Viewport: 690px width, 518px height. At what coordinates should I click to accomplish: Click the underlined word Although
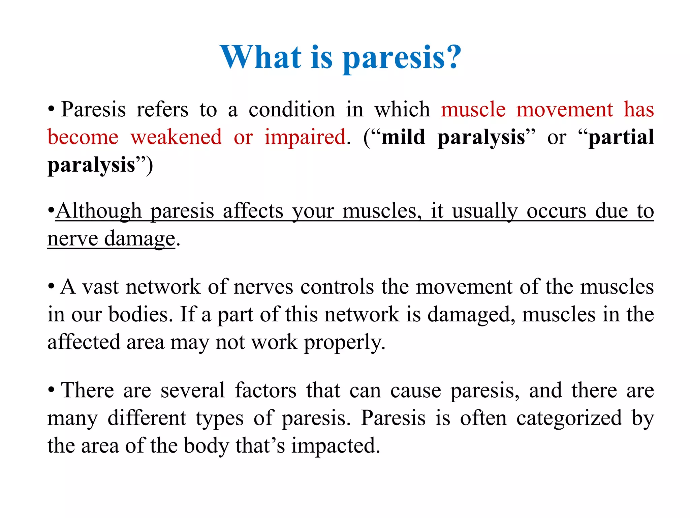[99, 211]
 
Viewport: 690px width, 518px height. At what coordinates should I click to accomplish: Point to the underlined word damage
[139, 239]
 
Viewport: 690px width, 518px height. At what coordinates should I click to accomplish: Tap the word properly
[344, 343]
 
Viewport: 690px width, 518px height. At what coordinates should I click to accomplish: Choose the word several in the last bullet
[192, 390]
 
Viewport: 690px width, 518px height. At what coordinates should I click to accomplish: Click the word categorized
[569, 418]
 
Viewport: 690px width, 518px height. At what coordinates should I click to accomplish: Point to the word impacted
[336, 445]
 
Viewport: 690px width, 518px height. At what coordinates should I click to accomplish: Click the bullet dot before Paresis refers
[51, 109]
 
